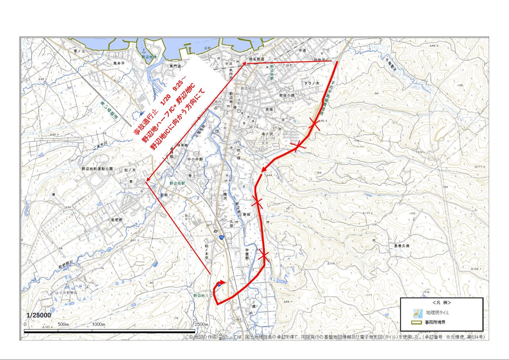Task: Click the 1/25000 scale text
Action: click(39, 315)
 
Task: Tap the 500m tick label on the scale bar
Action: click(63, 325)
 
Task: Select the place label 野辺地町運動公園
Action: click(97, 169)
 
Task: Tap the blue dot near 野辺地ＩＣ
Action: click(219, 284)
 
